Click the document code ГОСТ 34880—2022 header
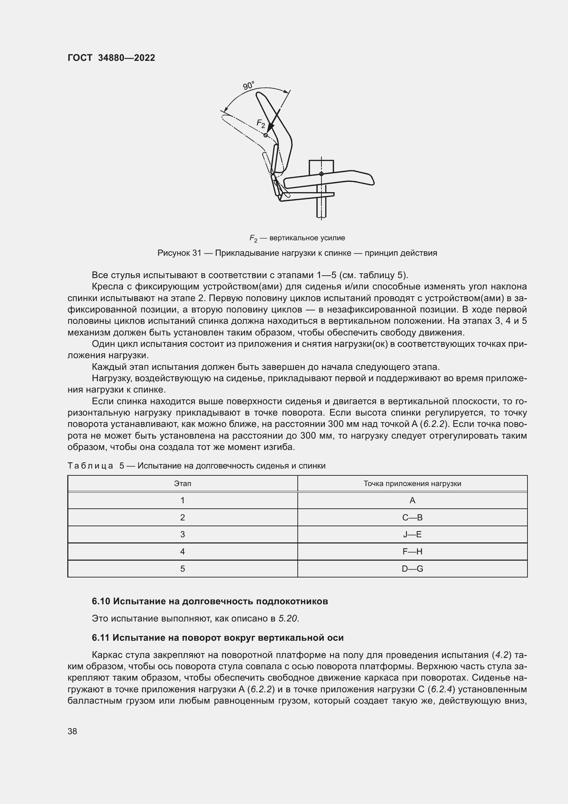(111, 58)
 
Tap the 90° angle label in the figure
(248, 86)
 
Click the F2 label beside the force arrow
(261, 123)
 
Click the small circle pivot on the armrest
(321, 174)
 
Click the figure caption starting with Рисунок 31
(297, 253)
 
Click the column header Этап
(183, 484)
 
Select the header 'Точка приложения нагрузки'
(412, 484)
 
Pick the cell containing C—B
(412, 518)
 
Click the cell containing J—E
(412, 535)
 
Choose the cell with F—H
(412, 551)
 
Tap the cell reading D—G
(412, 569)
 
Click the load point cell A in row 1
(412, 500)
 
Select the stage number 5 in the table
(183, 569)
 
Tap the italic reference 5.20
(288, 619)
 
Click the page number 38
(72, 731)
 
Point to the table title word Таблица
(90, 466)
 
